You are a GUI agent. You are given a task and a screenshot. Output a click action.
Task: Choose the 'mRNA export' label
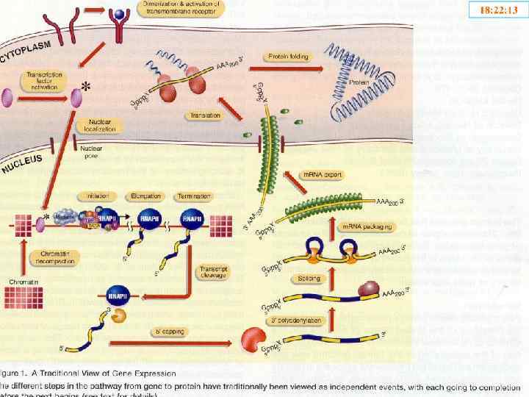(x=324, y=175)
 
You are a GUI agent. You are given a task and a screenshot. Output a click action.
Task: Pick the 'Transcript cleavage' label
(x=213, y=274)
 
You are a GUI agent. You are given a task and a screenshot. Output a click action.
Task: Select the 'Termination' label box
(x=194, y=197)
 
